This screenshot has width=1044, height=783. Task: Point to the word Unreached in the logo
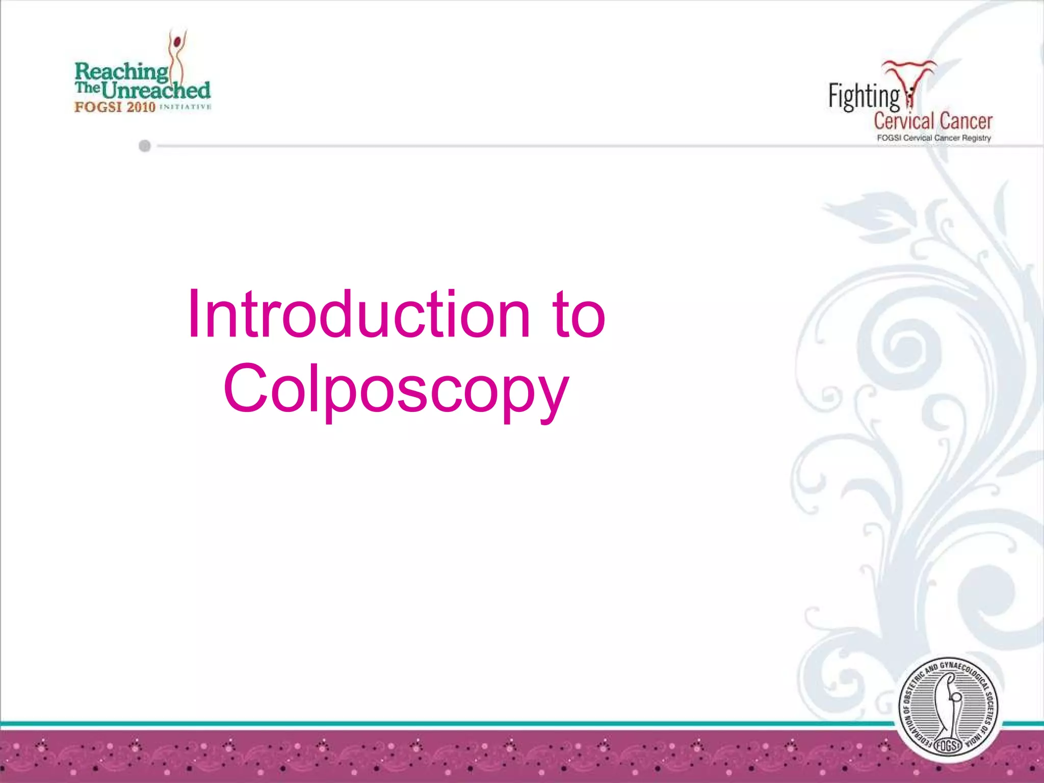click(156, 91)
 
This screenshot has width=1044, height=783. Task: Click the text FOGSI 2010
click(115, 107)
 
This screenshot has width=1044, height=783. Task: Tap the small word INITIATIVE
click(185, 107)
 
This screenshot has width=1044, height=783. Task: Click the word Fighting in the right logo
click(864, 97)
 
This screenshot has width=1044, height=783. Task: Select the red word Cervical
click(904, 121)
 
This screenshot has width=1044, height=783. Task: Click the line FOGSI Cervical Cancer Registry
click(933, 138)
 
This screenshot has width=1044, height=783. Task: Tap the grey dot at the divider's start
click(145, 146)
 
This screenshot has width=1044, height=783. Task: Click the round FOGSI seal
click(948, 709)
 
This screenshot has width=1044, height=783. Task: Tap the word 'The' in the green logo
click(87, 88)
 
